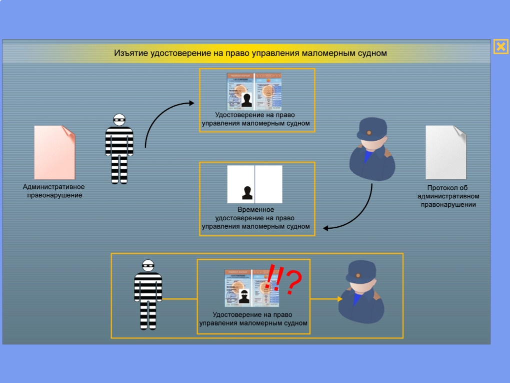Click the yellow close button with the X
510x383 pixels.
coord(500,47)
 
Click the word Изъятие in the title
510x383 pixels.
coord(131,53)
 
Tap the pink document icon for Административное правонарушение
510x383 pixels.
coord(54,152)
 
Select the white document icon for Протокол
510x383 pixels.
coord(445,152)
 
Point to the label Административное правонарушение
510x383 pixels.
coord(54,191)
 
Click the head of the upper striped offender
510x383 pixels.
coord(119,120)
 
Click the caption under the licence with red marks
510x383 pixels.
coord(253,319)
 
